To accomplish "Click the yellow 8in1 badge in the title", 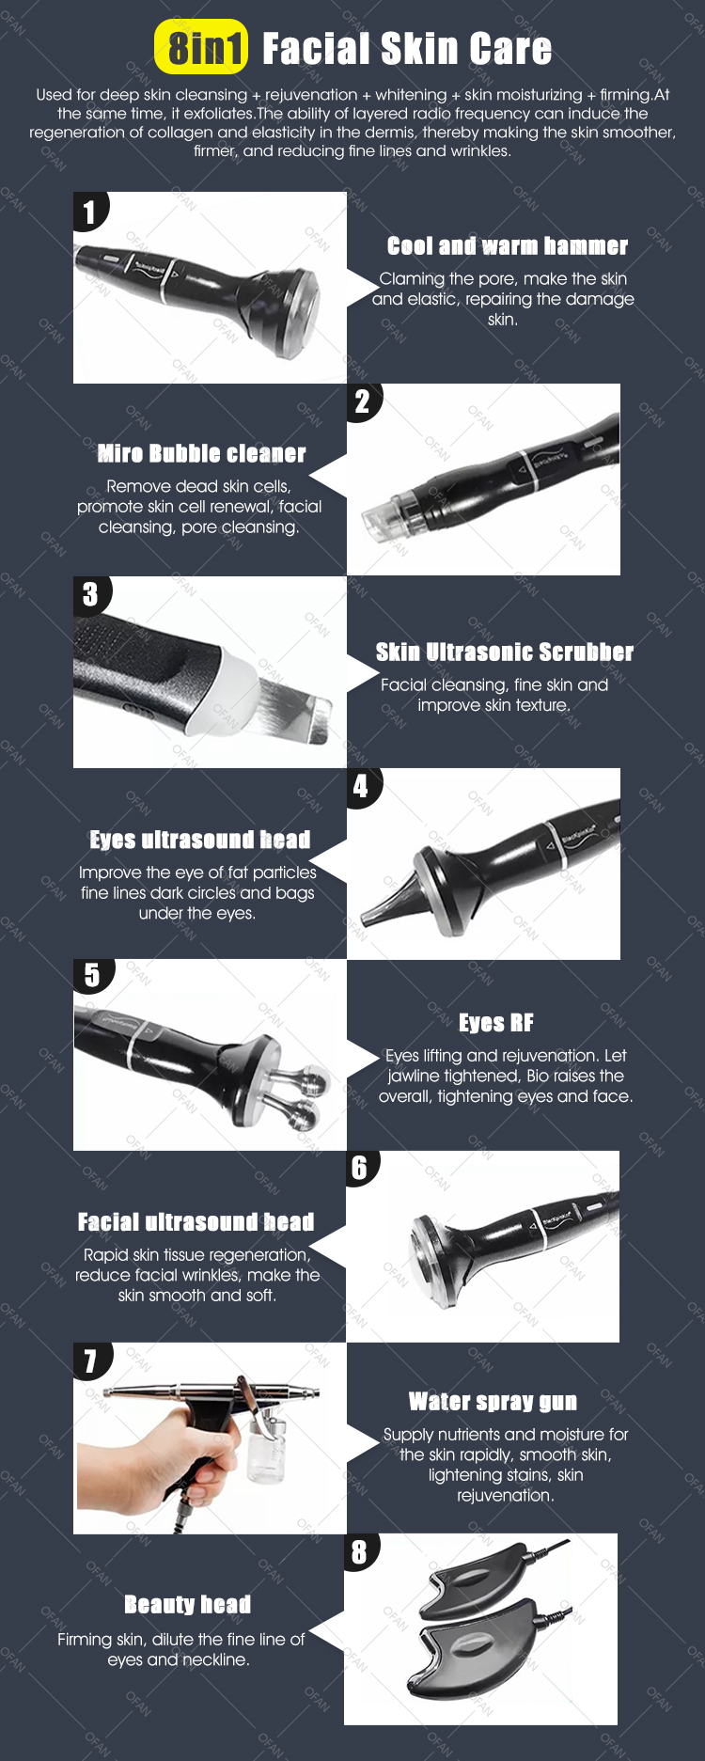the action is pos(201,47).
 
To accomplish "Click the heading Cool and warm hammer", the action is pos(508,246).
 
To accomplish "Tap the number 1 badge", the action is pos(90,212).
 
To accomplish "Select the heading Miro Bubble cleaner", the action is pos(202,454).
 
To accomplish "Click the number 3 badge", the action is pos(91,594).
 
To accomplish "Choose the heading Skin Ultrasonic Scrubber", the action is pos(505,652).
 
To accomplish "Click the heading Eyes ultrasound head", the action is pos(200,840).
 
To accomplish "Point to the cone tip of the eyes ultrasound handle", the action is pos(366,916).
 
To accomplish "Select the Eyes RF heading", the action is pos(496,1023).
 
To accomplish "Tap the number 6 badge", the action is pos(360,1169).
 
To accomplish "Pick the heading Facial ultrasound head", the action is pos(196,1222).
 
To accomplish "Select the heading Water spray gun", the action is pos(493,1402).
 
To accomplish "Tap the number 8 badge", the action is pos(360,1552).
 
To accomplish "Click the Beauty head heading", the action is pos(188,1604).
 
